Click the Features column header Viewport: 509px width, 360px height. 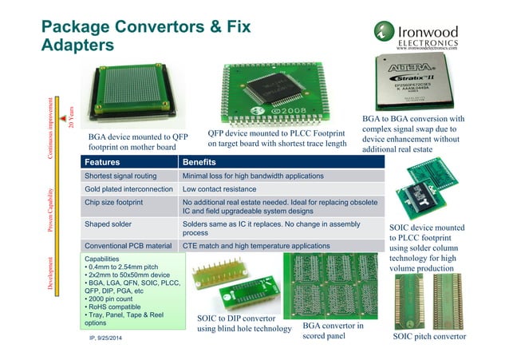pyautogui.click(x=105, y=161)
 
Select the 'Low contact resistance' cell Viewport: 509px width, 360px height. pyautogui.click(x=219, y=189)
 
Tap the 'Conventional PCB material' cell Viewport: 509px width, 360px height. pyautogui.click(x=128, y=246)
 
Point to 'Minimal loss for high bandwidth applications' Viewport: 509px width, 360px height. pyautogui.click(x=253, y=176)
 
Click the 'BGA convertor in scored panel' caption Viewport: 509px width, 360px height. pyautogui.click(x=333, y=331)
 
